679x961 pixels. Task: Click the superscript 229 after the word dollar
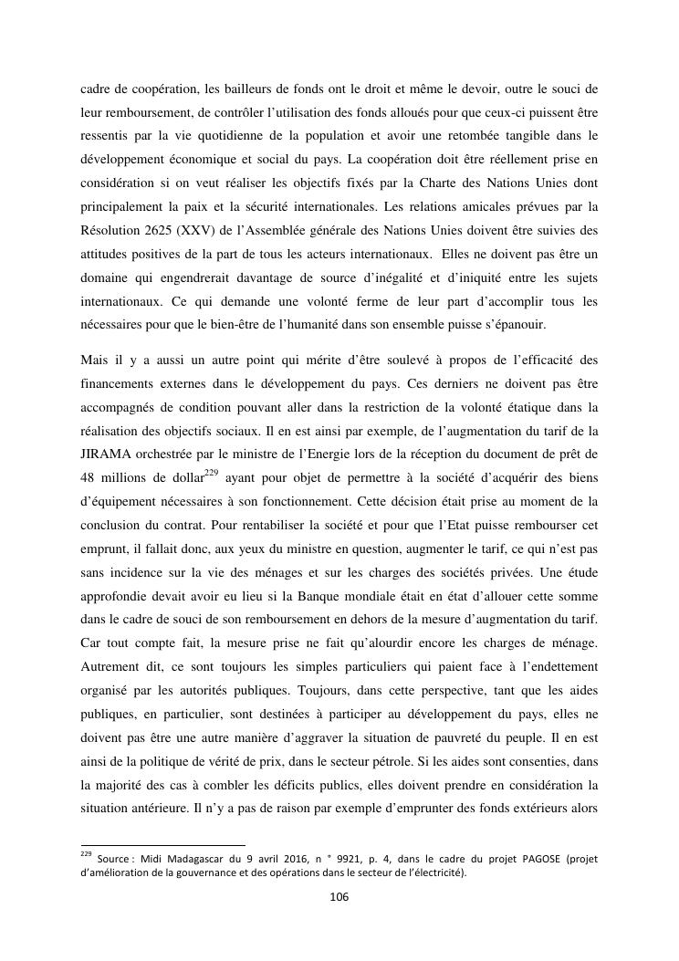(x=212, y=472)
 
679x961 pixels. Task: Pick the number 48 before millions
(x=90, y=477)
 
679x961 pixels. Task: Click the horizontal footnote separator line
(x=163, y=845)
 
